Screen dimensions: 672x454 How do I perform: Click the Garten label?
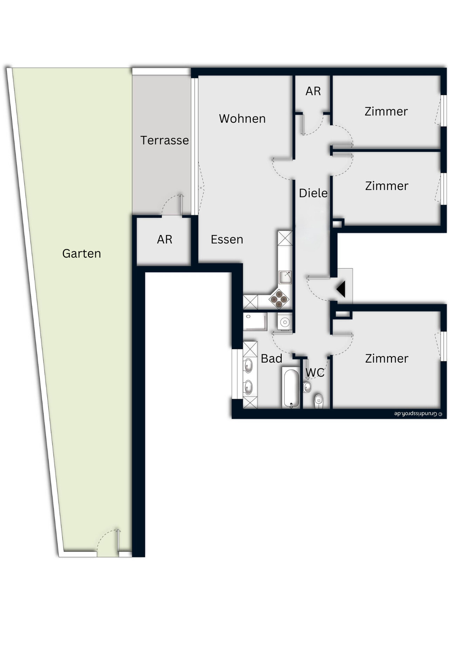click(x=82, y=253)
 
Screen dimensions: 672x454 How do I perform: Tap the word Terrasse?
click(x=164, y=140)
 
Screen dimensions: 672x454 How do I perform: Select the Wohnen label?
click(x=242, y=119)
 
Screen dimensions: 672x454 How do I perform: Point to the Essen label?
click(x=227, y=239)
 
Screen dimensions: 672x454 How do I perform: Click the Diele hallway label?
click(x=313, y=193)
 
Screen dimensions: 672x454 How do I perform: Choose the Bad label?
click(x=271, y=358)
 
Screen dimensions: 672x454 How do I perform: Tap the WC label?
click(x=315, y=372)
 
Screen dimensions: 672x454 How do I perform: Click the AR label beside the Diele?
click(x=313, y=91)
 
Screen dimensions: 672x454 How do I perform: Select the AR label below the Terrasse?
click(x=165, y=239)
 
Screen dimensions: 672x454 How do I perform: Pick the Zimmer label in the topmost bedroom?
click(x=386, y=111)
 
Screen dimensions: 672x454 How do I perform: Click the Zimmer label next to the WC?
click(x=386, y=358)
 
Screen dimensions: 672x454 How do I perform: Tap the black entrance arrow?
click(x=341, y=289)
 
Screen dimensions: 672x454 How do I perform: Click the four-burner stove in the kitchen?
click(x=279, y=299)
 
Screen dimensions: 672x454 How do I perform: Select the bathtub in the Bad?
click(x=291, y=388)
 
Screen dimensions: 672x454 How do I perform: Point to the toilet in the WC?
click(x=318, y=400)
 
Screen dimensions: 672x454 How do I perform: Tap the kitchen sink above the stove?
click(x=285, y=277)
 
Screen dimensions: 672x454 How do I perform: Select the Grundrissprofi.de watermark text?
click(x=418, y=414)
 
